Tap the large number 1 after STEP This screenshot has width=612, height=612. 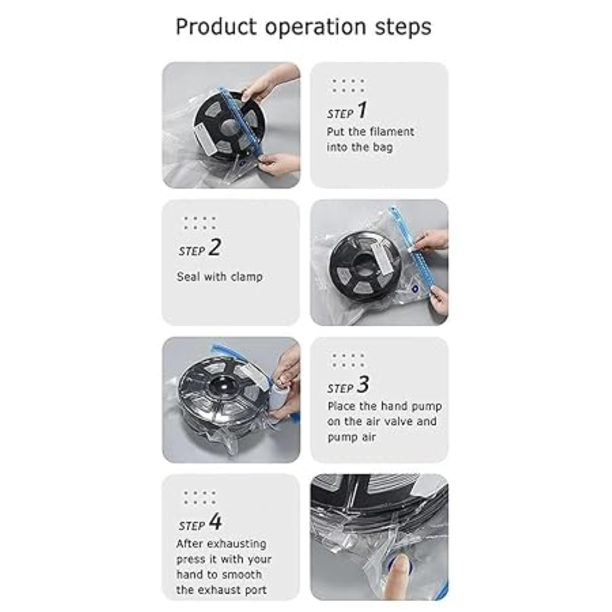click(362, 111)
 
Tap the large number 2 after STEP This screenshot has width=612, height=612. click(214, 248)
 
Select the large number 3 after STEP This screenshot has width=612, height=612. click(363, 385)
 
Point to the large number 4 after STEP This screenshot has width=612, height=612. click(215, 522)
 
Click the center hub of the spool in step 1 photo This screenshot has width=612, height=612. click(229, 127)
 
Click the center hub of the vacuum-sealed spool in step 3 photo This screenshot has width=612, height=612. click(218, 390)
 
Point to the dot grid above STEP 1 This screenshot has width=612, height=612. click(348, 86)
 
